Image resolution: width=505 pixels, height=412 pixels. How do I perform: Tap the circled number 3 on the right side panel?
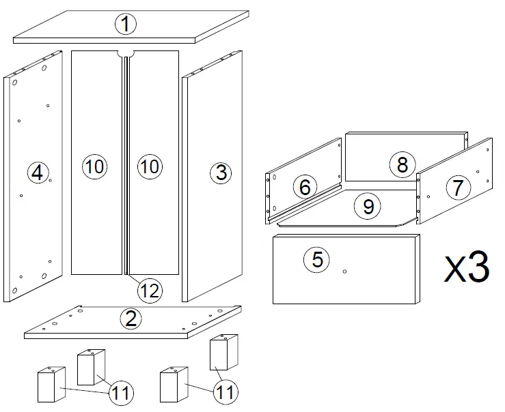220,173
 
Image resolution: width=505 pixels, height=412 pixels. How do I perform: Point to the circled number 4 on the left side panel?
37,173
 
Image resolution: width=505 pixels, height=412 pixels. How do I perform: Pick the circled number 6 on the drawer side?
305,186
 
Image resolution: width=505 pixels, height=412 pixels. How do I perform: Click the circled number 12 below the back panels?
149,291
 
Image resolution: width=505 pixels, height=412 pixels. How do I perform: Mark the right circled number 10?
149,166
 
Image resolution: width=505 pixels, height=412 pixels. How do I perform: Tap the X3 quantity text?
467,268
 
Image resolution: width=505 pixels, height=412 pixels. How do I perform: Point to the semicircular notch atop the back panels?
125,53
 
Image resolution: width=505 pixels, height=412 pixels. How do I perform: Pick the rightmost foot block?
223,352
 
